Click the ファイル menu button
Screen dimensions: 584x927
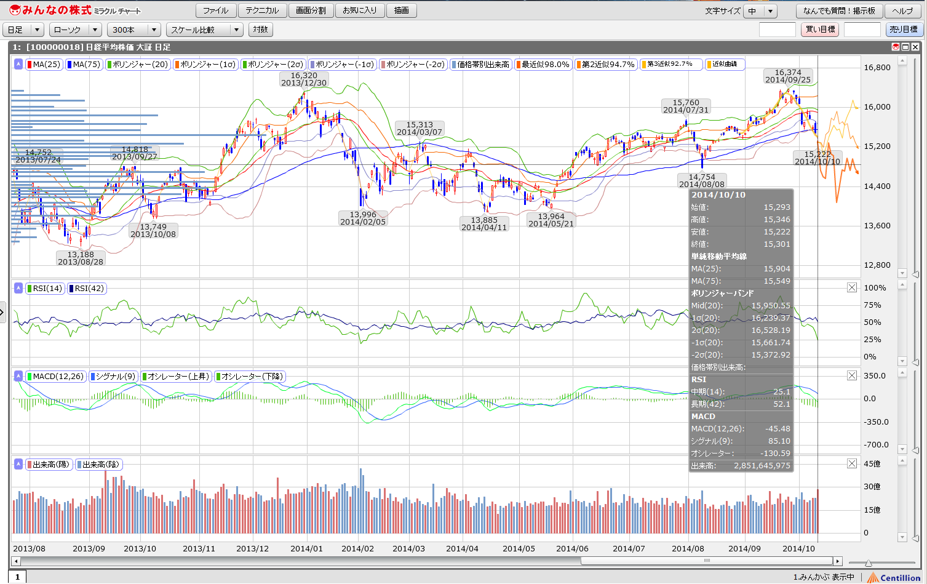(x=215, y=10)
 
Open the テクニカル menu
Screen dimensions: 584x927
(x=262, y=10)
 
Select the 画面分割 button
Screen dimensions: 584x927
(x=311, y=10)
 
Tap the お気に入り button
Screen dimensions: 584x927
(x=360, y=10)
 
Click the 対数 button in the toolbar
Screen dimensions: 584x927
(x=260, y=30)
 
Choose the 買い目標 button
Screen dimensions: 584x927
(x=821, y=30)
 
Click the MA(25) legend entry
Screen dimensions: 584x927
(x=44, y=65)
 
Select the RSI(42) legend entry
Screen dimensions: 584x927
(x=87, y=289)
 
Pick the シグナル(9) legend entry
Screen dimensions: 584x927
(x=113, y=377)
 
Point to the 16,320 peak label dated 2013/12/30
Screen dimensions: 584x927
(x=304, y=79)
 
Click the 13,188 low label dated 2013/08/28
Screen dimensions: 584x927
(x=81, y=258)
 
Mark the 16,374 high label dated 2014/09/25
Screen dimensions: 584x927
(x=788, y=76)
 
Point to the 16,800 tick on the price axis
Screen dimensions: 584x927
(x=877, y=68)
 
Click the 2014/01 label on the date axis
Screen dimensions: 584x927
(x=306, y=548)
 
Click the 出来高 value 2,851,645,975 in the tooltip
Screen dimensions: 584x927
(x=762, y=466)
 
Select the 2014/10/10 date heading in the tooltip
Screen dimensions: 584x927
(x=718, y=195)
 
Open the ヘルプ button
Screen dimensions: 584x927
(x=902, y=11)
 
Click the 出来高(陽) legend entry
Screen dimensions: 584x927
(x=49, y=465)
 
